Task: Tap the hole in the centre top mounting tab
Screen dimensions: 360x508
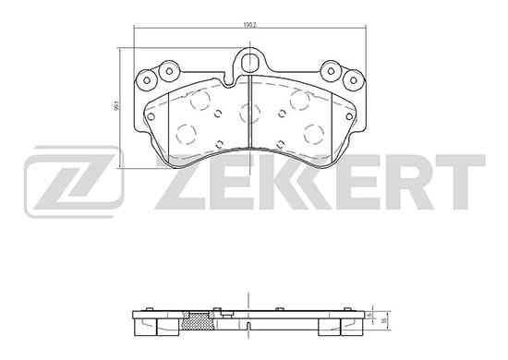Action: click(x=252, y=63)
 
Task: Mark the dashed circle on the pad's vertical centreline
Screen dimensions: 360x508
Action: click(x=249, y=112)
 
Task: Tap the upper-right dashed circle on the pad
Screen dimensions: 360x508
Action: click(x=300, y=99)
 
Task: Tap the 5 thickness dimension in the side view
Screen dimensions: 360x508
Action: click(x=370, y=315)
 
